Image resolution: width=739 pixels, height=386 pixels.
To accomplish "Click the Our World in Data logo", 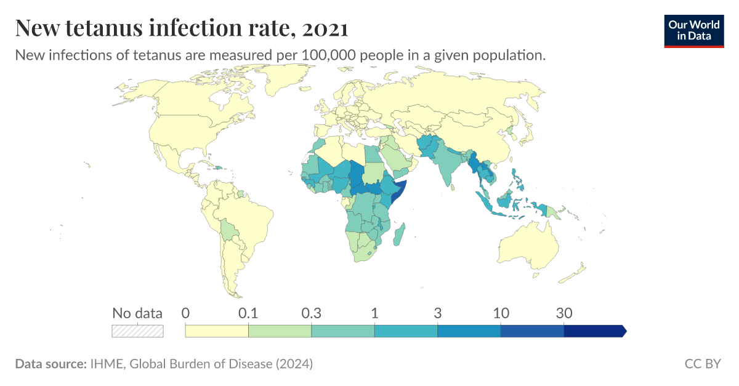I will click(x=693, y=29).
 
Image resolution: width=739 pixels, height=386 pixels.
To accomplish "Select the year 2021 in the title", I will click(x=325, y=28).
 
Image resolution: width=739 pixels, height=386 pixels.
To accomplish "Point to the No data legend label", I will click(x=137, y=313).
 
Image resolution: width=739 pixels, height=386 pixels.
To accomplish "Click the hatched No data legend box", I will click(x=137, y=331).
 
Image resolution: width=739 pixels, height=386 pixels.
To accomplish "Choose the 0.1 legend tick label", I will click(x=248, y=313).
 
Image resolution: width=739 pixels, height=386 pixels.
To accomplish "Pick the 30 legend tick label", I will click(x=564, y=313).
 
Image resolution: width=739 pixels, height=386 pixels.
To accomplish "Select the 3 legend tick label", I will click(x=438, y=313).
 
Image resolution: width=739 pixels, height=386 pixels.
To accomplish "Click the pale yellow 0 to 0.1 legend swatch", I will click(x=217, y=331).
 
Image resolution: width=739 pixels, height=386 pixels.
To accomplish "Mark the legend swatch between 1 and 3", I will click(x=406, y=331).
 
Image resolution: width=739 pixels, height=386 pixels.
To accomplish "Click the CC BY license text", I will click(x=703, y=364).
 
